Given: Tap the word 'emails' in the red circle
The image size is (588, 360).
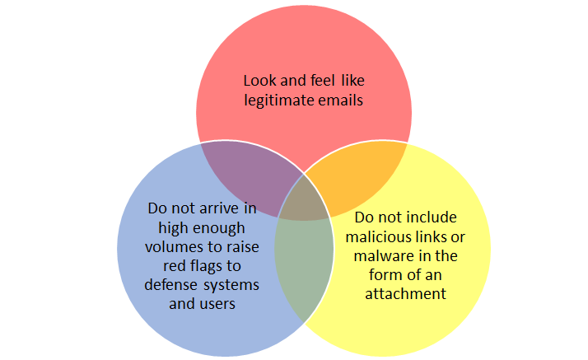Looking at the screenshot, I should [x=338, y=101].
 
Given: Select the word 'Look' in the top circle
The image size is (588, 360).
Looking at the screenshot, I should [x=259, y=81].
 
